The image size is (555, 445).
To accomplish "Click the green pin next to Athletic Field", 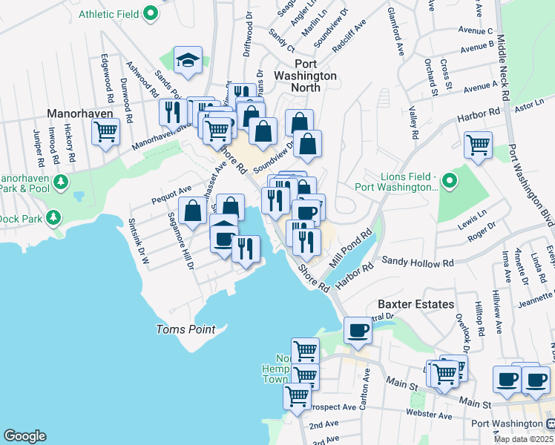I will click(151, 13).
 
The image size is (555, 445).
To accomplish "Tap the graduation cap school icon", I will click(188, 62).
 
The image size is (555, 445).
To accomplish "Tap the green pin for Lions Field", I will click(448, 181).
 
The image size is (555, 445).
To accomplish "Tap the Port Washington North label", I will click(306, 76).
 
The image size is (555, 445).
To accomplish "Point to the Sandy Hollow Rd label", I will click(417, 262).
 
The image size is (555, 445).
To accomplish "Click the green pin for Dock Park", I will click(53, 217).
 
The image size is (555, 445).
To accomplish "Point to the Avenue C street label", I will click(476, 30).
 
